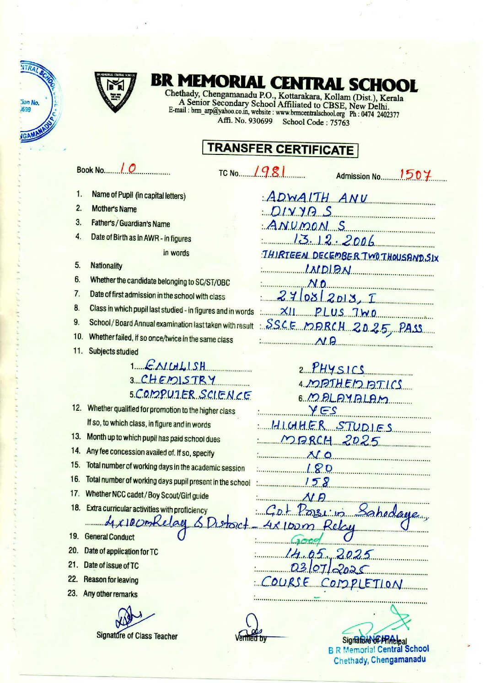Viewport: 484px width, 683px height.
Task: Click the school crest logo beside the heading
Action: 116,92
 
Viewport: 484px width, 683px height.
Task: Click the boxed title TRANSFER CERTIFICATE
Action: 280,149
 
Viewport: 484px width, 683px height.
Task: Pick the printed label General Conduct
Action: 109,537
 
